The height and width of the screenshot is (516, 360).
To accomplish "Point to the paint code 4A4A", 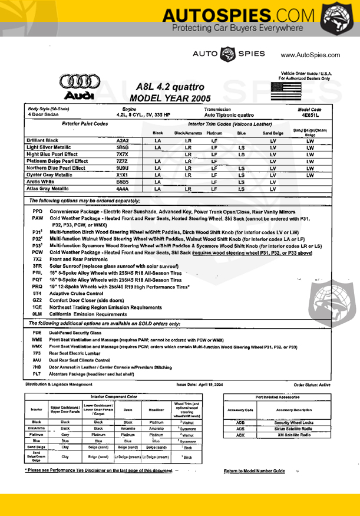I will coord(123,189).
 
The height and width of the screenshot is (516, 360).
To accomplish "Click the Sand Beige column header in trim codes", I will coord(272,133).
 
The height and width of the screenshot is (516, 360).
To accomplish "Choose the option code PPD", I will coord(38,211).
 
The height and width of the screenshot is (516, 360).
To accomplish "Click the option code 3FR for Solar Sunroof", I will coord(37,267).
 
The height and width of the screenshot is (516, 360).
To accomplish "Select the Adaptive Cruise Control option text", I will coord(75,293).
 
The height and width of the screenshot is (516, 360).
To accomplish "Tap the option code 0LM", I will coord(37,314).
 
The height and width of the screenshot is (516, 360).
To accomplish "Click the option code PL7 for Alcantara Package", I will coord(37,374).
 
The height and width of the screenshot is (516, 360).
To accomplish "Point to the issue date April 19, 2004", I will coord(200,384).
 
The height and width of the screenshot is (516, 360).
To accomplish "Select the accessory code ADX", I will coord(240,435).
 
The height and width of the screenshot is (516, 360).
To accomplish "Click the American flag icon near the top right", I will coord(286,91).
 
